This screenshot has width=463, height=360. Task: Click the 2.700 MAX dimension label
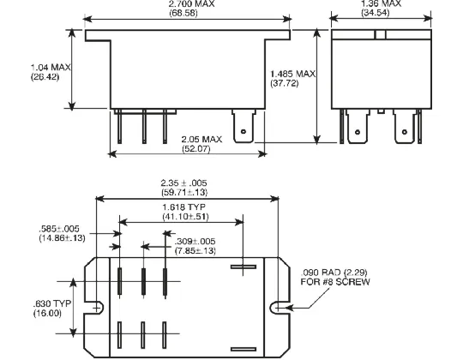coord(191,3)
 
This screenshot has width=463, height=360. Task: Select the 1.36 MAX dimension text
coord(382,3)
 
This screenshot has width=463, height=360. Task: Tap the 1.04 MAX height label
coord(51,67)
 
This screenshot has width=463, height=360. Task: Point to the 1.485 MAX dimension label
coord(293,74)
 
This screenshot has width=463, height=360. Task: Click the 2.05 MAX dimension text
coord(201,139)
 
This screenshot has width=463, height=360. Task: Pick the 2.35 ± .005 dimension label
coord(183,183)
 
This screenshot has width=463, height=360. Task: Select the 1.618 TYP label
coord(184,207)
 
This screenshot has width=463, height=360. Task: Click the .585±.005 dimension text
coord(59,229)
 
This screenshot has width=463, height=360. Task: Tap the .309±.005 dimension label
coord(195,242)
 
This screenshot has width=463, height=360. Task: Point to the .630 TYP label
coord(52,303)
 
